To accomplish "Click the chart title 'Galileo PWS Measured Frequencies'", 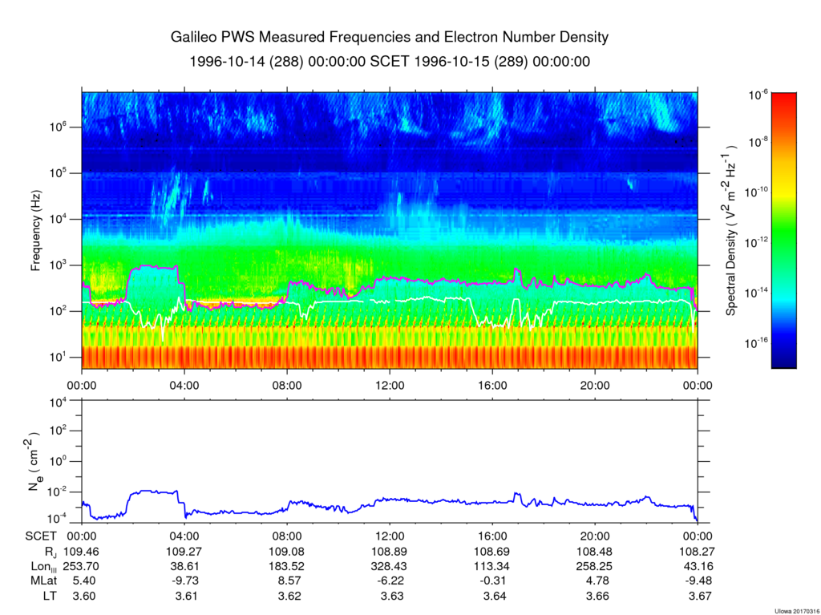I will [390, 37].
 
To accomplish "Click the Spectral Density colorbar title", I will [731, 231].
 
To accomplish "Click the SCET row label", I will [40, 537].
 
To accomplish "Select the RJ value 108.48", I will [595, 552].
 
